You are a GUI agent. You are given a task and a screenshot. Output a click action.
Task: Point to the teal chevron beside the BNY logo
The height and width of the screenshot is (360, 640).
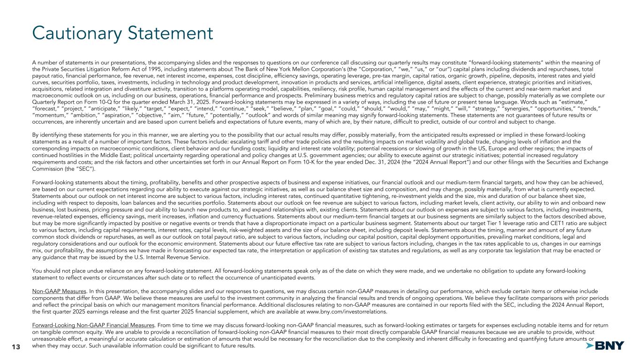(x=589, y=346)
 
